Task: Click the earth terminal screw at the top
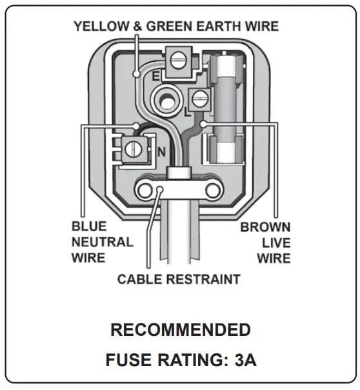(179, 61)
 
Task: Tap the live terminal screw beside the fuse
(198, 100)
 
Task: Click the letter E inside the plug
(155, 77)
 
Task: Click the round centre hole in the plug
(165, 97)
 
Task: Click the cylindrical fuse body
(226, 106)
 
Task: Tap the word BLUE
(90, 228)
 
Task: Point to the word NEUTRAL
(103, 243)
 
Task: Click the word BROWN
(265, 228)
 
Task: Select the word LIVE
(276, 243)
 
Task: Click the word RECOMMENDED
(180, 330)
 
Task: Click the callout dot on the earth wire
(136, 75)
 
